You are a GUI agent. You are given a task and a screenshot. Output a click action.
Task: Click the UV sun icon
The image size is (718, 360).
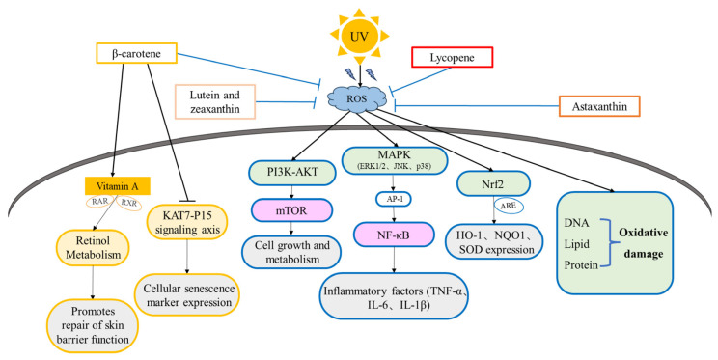(x=359, y=37)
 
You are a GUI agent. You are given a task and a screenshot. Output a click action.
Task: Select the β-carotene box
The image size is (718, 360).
(x=136, y=53)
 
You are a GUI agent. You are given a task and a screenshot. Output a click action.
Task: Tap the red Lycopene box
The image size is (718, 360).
(x=453, y=57)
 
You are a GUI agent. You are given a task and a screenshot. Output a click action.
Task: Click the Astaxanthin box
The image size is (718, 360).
(x=599, y=106)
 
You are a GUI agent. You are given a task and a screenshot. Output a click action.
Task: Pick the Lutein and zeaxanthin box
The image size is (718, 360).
(x=215, y=101)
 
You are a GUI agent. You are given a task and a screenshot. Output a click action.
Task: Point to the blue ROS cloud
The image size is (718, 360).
(x=357, y=98)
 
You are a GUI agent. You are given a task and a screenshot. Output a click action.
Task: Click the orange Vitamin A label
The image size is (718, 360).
(x=118, y=186)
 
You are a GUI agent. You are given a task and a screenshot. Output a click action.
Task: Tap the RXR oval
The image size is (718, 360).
(x=129, y=203)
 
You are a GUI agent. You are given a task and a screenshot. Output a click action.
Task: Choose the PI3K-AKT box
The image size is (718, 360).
(x=292, y=173)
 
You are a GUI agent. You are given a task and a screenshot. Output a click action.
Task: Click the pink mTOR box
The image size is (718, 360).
(x=291, y=209)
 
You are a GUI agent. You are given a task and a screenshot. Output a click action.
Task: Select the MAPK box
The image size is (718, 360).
(x=395, y=160)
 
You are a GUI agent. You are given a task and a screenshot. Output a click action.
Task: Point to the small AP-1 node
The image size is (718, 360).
(x=393, y=199)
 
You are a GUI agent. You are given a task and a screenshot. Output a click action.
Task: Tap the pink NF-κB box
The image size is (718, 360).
(x=394, y=235)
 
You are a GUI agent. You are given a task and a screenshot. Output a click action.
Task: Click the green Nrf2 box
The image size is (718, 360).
(x=494, y=183)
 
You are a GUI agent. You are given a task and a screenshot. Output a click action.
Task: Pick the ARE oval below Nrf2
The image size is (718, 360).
(x=509, y=206)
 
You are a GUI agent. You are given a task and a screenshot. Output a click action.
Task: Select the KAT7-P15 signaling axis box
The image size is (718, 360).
(x=187, y=222)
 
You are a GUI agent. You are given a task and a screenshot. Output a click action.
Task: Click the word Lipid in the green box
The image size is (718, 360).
(x=576, y=244)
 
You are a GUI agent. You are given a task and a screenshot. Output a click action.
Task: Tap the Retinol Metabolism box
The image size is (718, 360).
(x=94, y=247)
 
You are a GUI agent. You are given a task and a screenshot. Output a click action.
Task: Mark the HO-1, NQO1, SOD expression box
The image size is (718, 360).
(x=494, y=241)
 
